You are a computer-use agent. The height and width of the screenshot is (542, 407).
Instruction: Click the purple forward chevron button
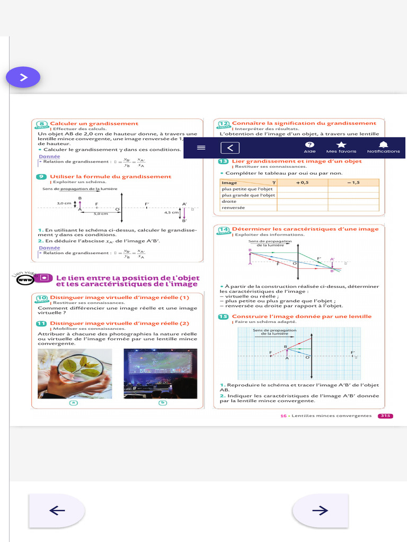[23, 77]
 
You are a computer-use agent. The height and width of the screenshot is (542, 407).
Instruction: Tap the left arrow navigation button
[57, 510]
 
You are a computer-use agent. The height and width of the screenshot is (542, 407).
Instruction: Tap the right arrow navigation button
[320, 510]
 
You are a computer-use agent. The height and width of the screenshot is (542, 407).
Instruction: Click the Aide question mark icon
[310, 145]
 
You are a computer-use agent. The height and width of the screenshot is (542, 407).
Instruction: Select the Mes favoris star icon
[341, 145]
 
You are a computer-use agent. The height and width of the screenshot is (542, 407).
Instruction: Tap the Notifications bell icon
[384, 145]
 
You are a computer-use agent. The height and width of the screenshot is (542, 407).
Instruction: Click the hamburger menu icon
[201, 148]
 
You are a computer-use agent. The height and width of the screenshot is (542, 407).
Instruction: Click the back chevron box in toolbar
[230, 148]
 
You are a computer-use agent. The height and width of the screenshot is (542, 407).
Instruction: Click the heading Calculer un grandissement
[94, 123]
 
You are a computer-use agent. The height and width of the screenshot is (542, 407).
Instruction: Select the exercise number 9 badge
[42, 177]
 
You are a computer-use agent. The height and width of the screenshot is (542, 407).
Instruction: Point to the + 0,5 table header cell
[302, 182]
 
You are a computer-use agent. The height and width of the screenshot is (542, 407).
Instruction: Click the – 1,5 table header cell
[353, 182]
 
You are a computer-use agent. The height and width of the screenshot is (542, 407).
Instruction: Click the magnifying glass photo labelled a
[74, 374]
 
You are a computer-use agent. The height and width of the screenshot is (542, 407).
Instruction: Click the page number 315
[385, 416]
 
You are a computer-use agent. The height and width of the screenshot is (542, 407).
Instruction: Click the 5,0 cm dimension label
[101, 214]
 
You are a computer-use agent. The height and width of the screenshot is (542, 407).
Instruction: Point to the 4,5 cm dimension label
[171, 212]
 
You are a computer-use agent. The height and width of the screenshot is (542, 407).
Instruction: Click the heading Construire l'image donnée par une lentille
[302, 317]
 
